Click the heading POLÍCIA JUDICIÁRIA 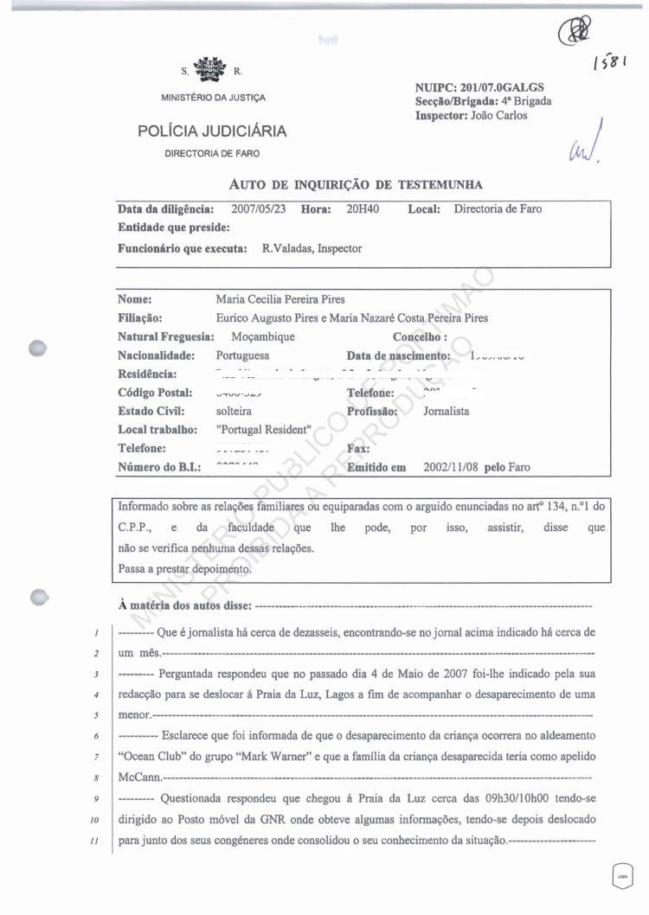212,131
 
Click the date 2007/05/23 260,209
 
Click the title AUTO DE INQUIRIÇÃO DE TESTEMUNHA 355,184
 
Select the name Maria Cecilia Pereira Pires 280,300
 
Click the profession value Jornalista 446,412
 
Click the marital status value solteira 234,412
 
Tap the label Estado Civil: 150,412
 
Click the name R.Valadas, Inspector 312,248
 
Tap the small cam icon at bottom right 622,874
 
